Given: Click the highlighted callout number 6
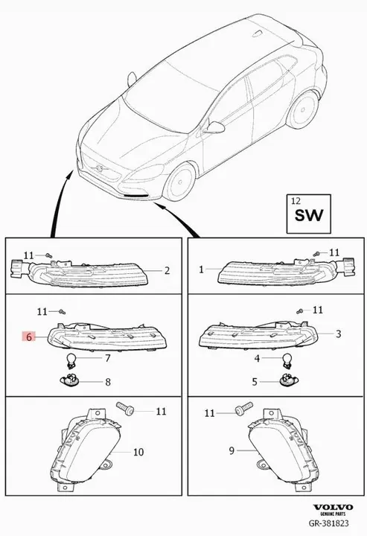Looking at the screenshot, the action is coord(29,336).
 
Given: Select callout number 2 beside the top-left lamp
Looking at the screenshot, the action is coord(167,271).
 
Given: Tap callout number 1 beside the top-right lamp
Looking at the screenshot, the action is coord(201,269).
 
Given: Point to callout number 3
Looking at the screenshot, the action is coord(338,334).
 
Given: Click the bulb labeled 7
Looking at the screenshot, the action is coord(71,360).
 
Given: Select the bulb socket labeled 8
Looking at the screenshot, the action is coord(70,380).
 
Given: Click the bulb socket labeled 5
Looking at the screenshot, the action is coord(288,380).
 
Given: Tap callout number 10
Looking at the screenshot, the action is coord(138,452).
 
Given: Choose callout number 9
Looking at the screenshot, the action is coord(232,451).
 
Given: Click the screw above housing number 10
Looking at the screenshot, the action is coord(125,409).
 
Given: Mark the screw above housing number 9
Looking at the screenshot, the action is coord(244,408).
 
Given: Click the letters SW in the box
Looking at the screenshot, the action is coord(309,216).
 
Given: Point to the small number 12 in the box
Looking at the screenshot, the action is coord(296,201).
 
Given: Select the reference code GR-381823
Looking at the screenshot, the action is coord(329,523).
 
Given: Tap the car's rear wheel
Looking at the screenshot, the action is coord(302,109).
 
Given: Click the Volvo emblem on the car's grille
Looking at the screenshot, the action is coord(100,168).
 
